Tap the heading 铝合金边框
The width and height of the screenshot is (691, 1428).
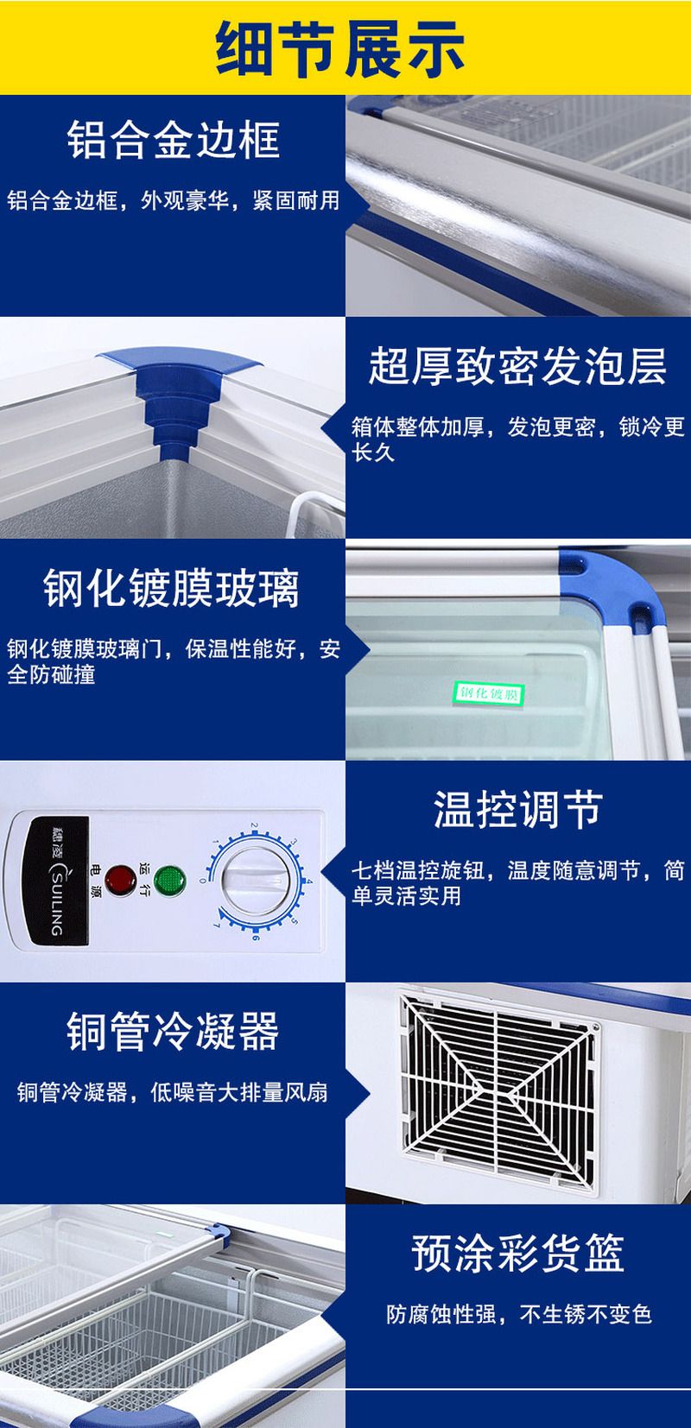[x=174, y=141]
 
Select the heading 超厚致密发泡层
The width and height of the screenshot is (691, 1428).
[x=517, y=365]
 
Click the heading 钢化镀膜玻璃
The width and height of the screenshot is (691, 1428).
[x=172, y=589]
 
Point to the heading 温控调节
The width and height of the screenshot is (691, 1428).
[x=517, y=810]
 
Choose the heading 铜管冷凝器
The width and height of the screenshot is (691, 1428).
[x=173, y=1031]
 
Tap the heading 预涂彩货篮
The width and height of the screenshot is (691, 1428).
[x=517, y=1254]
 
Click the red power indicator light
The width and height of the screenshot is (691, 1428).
[x=120, y=880]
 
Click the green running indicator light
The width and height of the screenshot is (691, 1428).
[x=170, y=880]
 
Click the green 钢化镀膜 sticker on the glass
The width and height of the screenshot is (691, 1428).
[x=489, y=692]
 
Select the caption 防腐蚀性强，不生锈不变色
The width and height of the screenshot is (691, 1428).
[x=518, y=1315]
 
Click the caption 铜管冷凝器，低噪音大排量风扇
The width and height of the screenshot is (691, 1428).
[x=173, y=1093]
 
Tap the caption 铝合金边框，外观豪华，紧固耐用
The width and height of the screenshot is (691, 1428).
[x=174, y=201]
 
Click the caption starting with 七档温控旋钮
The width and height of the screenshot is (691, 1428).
[x=517, y=882]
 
